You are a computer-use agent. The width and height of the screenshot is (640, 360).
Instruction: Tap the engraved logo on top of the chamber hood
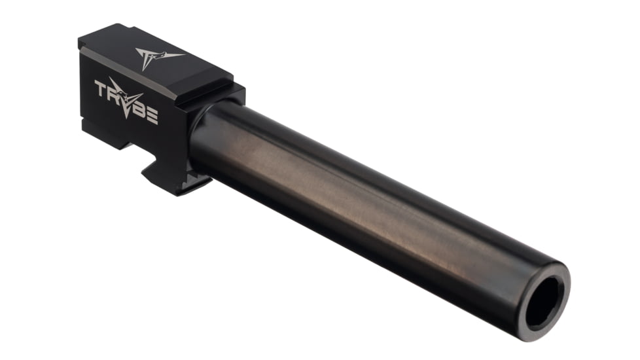(156, 56)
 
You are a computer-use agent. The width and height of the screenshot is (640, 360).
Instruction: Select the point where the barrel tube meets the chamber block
(196, 131)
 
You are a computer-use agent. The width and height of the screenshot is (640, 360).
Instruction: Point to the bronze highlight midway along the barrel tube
(366, 196)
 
